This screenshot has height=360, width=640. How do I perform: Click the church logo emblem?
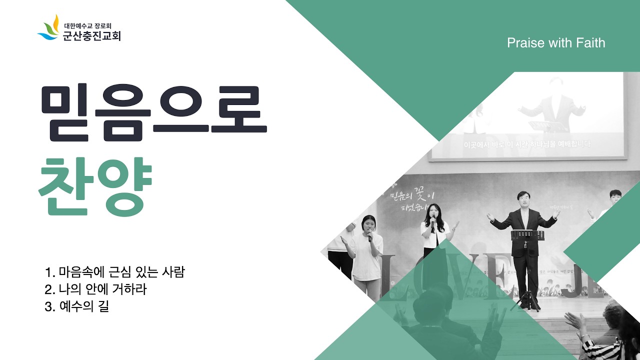[49, 28]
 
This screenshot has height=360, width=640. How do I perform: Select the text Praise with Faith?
[556, 43]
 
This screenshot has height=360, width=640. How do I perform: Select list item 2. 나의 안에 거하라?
[95, 289]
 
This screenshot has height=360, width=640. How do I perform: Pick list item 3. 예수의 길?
[76, 306]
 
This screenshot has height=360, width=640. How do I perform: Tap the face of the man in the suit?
[523, 200]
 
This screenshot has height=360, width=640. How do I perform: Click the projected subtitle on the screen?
[527, 144]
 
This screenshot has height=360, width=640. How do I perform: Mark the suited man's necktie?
[523, 218]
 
